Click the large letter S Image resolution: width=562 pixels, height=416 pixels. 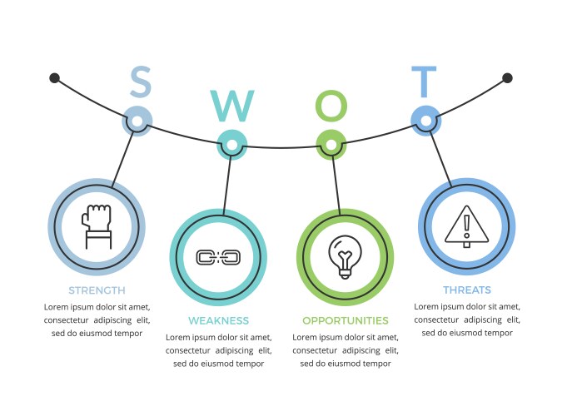tap(141, 81)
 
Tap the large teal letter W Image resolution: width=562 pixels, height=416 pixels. tap(232, 106)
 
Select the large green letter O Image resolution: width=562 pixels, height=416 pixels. tap(331, 106)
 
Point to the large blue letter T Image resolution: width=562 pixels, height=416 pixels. tap(424, 82)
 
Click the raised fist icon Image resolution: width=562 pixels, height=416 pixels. tap(97, 226)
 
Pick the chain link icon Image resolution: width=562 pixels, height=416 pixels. tap(218, 257)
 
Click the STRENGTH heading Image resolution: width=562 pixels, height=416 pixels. tap(97, 290)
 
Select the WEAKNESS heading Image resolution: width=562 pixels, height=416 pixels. tap(218, 320)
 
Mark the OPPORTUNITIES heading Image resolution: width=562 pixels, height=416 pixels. tap(345, 320)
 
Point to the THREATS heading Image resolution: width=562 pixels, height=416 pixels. tap(466, 290)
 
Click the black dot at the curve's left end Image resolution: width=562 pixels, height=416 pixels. tap(54, 78)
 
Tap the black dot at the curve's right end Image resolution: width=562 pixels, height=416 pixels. tap(507, 78)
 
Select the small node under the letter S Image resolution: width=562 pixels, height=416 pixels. tap(138, 121)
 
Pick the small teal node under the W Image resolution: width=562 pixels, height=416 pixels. tap(232, 145)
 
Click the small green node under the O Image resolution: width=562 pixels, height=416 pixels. tap(331, 145)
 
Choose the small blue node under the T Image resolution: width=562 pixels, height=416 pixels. tap(425, 121)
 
